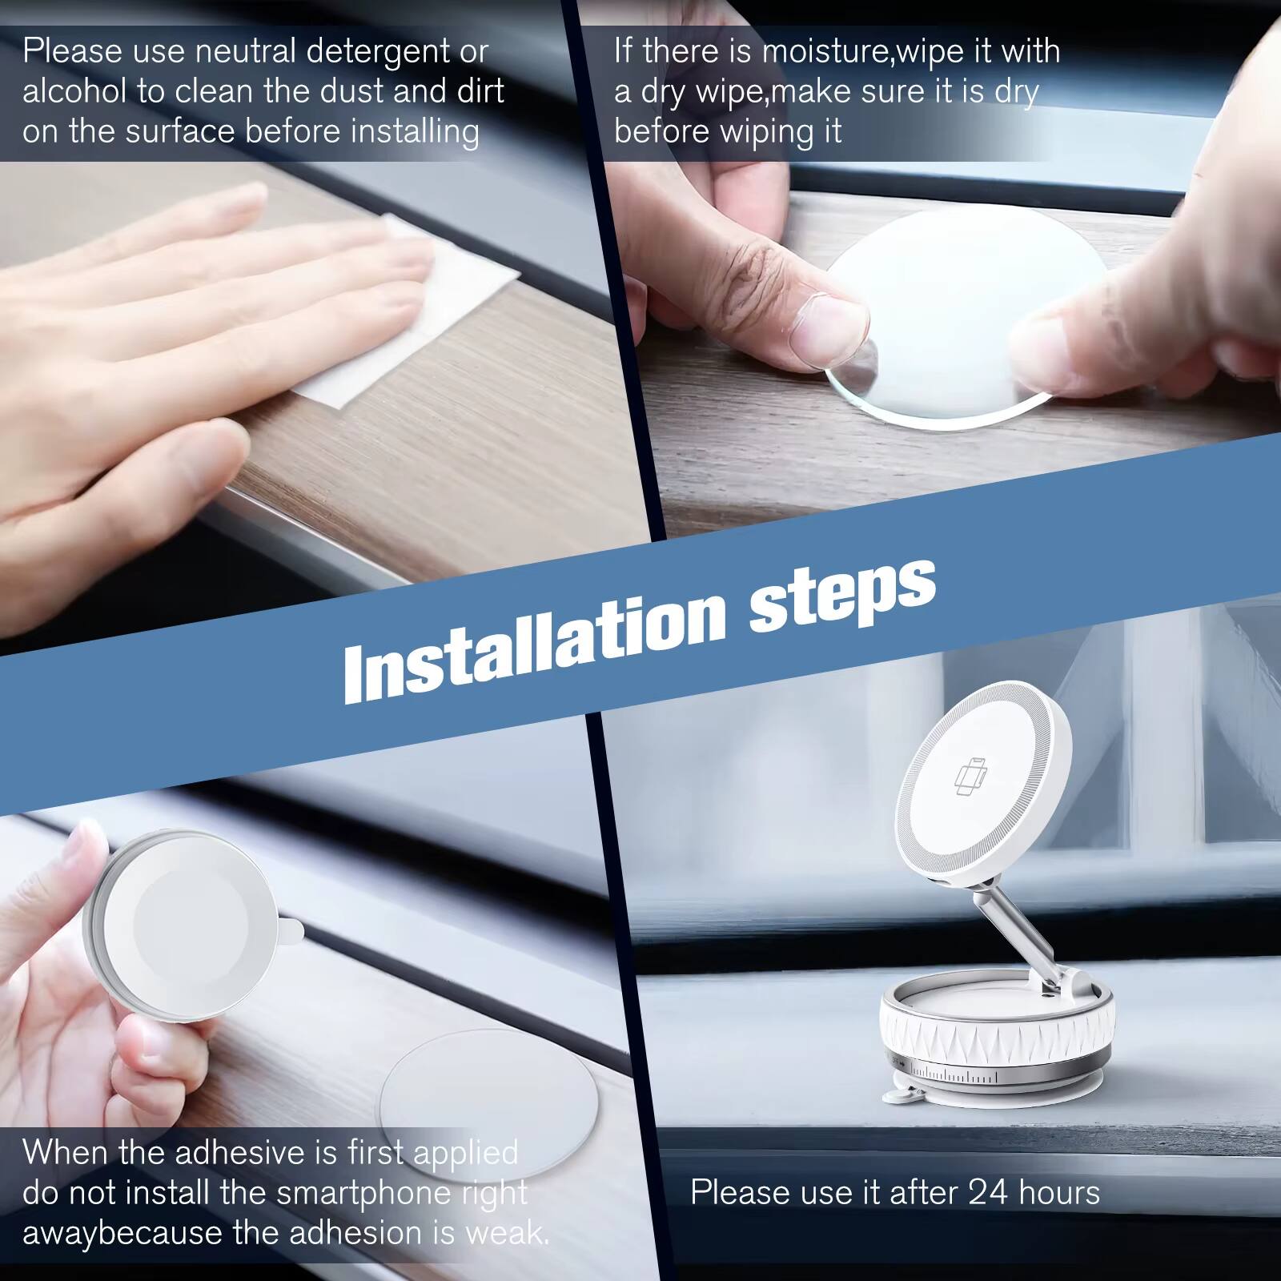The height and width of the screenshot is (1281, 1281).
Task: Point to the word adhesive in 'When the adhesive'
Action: [241, 1153]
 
